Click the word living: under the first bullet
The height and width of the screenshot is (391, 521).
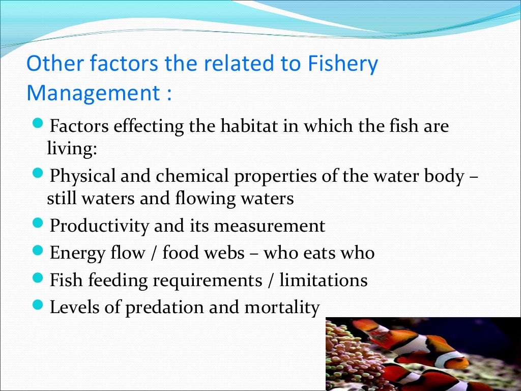pos(71,148)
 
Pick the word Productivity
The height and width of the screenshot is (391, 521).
pos(100,226)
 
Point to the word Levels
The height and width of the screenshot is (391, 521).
pos(72,308)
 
